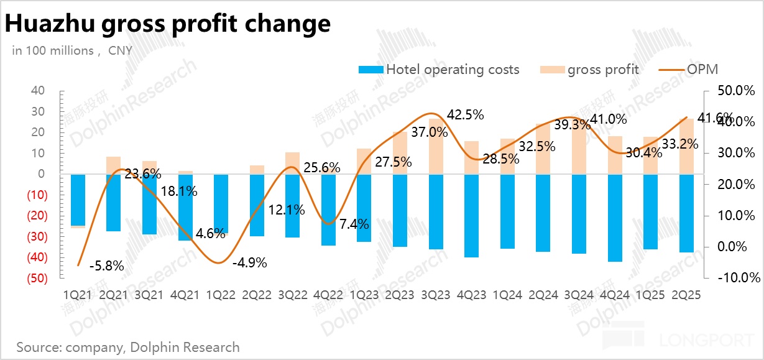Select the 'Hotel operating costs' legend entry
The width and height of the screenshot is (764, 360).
click(452, 70)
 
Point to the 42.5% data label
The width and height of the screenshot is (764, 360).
click(466, 115)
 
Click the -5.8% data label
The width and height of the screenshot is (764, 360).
click(106, 266)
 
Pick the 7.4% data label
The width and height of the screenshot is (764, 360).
click(354, 224)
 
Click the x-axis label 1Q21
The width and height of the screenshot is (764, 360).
click(77, 296)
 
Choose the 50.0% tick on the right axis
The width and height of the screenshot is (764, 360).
click(734, 91)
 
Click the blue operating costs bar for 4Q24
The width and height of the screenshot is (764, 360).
click(615, 218)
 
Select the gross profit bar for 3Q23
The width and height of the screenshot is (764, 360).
click(436, 146)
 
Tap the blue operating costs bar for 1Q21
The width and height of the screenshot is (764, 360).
click(78, 200)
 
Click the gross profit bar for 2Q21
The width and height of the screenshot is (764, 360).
click(113, 165)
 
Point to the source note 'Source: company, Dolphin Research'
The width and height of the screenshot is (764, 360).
click(128, 347)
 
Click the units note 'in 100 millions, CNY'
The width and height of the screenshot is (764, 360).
click(72, 50)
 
